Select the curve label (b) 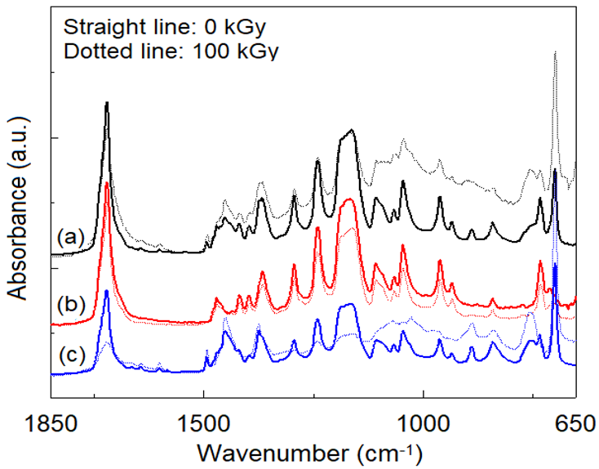click(71, 304)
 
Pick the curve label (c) click(71, 357)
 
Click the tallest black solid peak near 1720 click(107, 104)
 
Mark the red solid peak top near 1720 click(107, 183)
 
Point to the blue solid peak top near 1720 click(106, 291)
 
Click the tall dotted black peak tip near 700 click(555, 51)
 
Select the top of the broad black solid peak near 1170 click(351, 130)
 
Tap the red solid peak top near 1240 click(317, 229)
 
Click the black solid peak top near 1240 click(317, 161)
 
